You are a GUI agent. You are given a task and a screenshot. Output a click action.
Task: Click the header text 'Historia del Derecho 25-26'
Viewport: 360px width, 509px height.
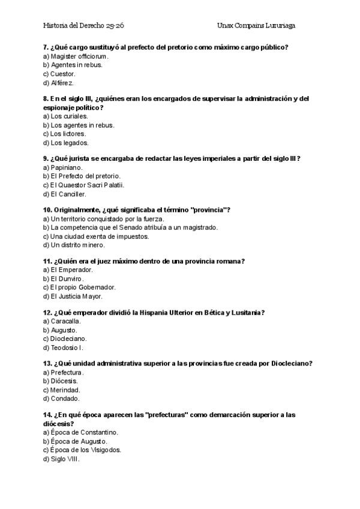coord(83,26)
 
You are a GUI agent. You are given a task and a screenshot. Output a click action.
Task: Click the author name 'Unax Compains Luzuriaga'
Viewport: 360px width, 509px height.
coord(256,26)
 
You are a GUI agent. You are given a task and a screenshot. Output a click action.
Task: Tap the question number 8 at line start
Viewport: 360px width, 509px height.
coord(46,98)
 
